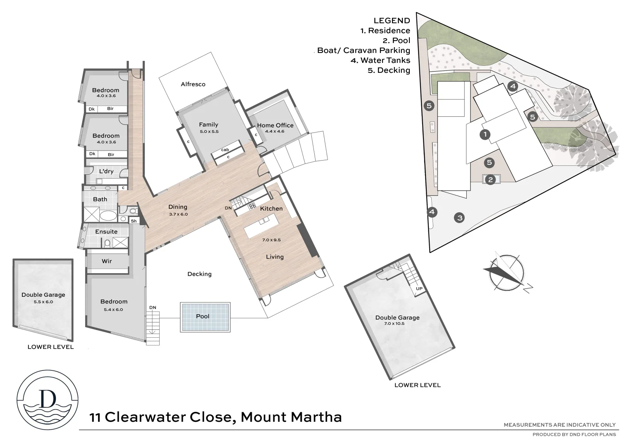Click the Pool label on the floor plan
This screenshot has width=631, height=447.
(x=203, y=316)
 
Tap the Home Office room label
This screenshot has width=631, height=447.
(x=275, y=125)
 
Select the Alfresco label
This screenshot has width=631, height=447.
(x=193, y=84)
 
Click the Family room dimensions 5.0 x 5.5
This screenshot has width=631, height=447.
(x=208, y=132)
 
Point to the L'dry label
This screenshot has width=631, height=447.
(x=106, y=171)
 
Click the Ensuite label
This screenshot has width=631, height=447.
(x=106, y=232)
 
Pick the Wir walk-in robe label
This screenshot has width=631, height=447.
(x=107, y=261)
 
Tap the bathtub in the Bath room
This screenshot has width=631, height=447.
(x=108, y=216)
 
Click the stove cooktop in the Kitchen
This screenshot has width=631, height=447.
(x=251, y=206)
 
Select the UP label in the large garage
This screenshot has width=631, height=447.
(x=419, y=288)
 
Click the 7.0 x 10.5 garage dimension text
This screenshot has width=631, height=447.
(x=394, y=324)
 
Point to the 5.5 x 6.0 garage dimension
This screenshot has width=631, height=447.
(x=43, y=302)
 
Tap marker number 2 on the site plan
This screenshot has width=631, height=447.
(x=490, y=180)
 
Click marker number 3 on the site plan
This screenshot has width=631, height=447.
(x=459, y=218)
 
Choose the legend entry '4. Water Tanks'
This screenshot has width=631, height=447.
(x=385, y=60)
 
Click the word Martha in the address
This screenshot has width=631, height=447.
(x=316, y=417)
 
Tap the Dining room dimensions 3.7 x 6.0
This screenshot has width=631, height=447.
(x=178, y=214)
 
